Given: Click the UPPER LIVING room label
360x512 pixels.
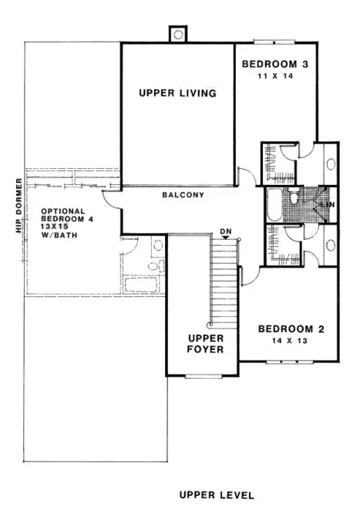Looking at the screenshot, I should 177,93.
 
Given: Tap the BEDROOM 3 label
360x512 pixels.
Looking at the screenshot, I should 275,64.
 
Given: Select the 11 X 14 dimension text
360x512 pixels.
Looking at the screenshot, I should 275,77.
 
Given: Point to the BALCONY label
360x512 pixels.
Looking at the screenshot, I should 183,195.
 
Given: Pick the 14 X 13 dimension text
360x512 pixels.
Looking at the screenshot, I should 290,341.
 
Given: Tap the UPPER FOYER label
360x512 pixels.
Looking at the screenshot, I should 205,344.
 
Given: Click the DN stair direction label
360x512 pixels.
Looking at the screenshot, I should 225,231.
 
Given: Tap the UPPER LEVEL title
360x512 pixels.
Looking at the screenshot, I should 216,494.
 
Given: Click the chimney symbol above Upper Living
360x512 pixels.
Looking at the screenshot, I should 178,35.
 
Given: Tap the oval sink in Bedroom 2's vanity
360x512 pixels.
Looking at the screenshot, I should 331,245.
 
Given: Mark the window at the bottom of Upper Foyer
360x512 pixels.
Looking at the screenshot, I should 204,376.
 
